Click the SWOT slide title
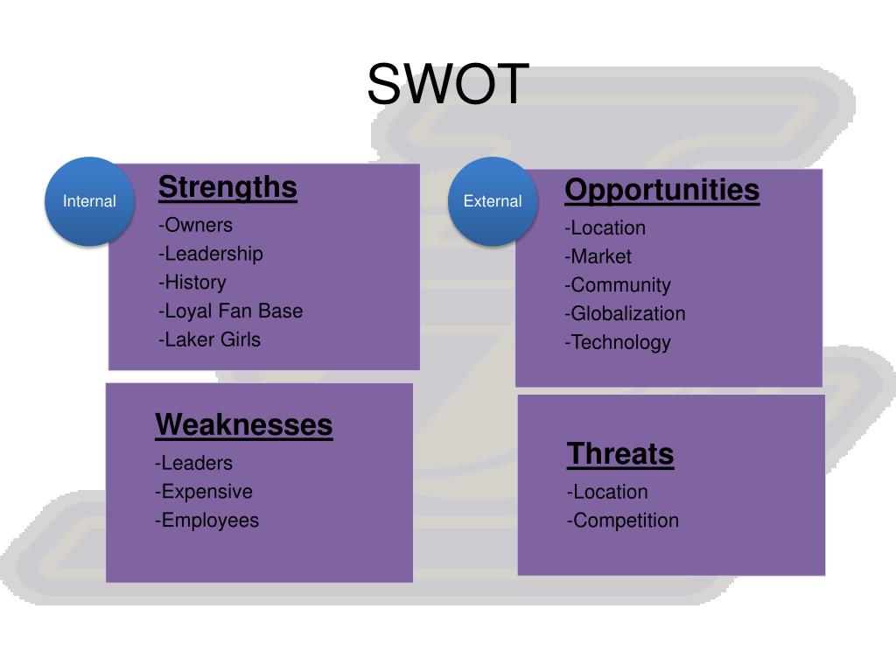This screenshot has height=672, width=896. (448, 84)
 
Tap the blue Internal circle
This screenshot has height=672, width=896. (89, 201)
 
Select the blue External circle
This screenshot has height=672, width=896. (493, 201)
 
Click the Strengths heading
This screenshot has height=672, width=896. (227, 187)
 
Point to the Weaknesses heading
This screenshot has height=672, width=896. (244, 425)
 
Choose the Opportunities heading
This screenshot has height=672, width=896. (662, 190)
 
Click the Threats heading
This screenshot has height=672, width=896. (620, 454)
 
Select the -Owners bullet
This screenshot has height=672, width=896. (196, 225)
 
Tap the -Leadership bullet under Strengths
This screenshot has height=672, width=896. (211, 254)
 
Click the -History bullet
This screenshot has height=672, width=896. (192, 283)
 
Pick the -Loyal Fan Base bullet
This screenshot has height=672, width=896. (231, 311)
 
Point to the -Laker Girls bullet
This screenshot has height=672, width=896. (210, 339)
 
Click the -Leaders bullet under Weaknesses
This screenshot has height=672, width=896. (194, 463)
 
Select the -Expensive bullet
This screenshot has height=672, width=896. (204, 492)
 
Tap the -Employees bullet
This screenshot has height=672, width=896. (207, 521)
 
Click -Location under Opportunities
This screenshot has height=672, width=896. (605, 228)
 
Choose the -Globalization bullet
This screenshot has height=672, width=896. (626, 313)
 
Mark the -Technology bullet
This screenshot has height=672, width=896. (618, 342)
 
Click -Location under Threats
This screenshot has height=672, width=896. (608, 492)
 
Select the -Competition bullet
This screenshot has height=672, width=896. (623, 521)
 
